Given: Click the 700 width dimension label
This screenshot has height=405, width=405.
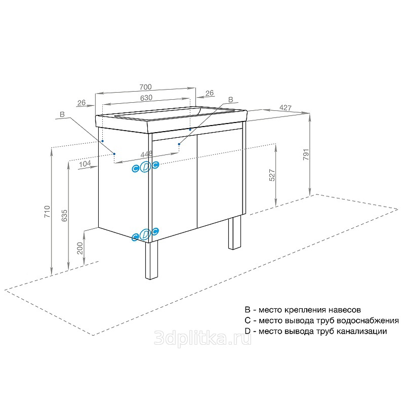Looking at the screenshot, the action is pos(146,87).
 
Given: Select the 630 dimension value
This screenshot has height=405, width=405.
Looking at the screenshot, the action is pos(146,98).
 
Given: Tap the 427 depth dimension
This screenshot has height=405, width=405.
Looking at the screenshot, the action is pos(286,107).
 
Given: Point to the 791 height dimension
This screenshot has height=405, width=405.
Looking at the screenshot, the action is pos(306,154).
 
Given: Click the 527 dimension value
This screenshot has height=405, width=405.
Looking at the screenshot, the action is pos(272,175).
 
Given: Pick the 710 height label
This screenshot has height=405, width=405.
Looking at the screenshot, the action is pos(47,212).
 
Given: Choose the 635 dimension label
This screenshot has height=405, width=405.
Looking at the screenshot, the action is pos(64,216).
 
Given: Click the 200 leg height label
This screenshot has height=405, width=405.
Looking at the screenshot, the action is pos(80,248).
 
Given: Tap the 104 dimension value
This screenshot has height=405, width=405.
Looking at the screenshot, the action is pos(85,164).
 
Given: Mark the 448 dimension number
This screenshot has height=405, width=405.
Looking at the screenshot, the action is pos(146,154).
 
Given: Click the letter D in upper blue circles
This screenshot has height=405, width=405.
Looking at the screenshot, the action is pos(145,167).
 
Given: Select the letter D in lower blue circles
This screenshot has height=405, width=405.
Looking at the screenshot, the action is pos(145,234).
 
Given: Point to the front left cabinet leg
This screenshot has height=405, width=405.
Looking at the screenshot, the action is pos(151,260).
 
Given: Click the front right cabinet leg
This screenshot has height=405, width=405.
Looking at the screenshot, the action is pos(234,232).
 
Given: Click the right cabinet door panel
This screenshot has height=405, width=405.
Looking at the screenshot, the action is pos(220,178).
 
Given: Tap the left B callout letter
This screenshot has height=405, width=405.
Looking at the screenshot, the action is pos(62,114).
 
